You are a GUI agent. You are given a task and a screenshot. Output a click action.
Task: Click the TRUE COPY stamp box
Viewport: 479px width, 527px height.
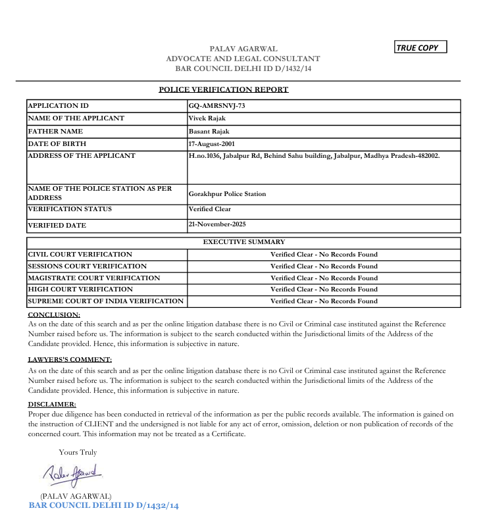[x=420, y=47]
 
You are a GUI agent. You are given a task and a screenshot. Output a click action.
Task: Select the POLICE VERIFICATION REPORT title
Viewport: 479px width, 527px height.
[x=224, y=89]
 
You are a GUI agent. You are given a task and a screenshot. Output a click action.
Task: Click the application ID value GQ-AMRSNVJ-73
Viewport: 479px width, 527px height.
[x=216, y=106]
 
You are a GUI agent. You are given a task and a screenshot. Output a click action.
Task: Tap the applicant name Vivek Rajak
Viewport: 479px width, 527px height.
[x=208, y=118]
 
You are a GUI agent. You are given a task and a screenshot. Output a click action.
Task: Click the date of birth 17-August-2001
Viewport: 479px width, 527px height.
[x=212, y=143]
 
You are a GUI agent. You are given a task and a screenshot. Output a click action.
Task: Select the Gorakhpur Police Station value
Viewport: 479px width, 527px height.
[x=227, y=194]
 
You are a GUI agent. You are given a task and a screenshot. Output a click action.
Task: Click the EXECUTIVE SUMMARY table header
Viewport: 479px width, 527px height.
[x=243, y=242]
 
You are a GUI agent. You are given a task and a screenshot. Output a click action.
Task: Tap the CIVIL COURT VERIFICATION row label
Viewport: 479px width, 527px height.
[x=80, y=254]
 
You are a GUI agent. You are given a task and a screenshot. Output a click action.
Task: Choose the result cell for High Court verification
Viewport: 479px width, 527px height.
[x=324, y=289]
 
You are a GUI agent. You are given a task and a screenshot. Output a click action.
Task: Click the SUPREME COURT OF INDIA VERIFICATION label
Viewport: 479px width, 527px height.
[x=106, y=301]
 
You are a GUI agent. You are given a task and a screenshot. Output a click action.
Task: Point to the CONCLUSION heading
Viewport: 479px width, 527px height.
[x=54, y=314]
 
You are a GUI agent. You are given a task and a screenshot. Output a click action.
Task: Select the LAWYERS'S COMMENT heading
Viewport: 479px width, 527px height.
[x=70, y=359]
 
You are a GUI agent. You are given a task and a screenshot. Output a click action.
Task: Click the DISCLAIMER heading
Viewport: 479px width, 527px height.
[x=52, y=404]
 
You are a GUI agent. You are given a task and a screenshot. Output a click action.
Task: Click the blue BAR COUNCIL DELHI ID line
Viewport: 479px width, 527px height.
[x=104, y=505]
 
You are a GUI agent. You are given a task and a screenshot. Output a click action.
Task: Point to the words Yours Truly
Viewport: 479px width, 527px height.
[x=78, y=452]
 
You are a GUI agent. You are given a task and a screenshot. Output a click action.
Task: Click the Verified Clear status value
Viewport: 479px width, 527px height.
[x=210, y=209]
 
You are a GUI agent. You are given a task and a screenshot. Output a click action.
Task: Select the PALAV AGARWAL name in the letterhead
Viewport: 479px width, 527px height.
[x=243, y=49]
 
